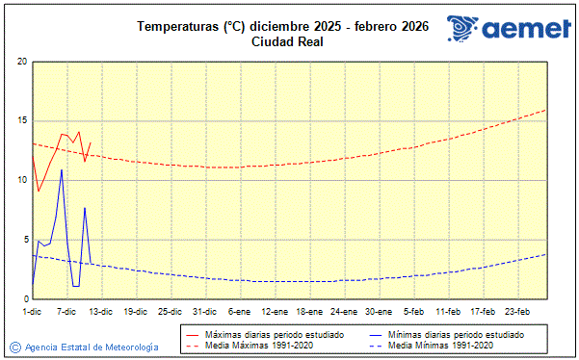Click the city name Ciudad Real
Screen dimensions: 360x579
(x=288, y=41)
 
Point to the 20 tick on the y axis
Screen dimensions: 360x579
(x=22, y=62)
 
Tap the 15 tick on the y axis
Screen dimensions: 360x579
(x=22, y=121)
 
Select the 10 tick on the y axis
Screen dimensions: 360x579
(x=22, y=180)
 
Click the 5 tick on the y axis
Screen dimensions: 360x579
(x=24, y=240)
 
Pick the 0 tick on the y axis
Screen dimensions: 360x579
(x=24, y=299)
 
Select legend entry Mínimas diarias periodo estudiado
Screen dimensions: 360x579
(x=456, y=334)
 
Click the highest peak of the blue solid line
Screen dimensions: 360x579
(x=62, y=170)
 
